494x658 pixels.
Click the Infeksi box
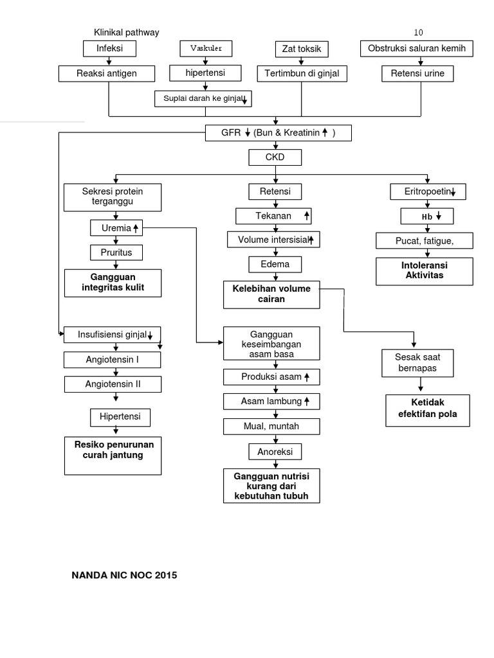click(109, 48)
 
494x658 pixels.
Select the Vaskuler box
click(205, 48)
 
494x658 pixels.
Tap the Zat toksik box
click(302, 49)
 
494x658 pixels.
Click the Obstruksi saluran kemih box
click(421, 48)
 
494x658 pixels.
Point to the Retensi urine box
click(421, 74)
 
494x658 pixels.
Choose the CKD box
click(275, 157)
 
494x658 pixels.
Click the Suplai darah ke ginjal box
click(203, 98)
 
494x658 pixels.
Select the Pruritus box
click(116, 253)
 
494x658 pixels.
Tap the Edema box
click(275, 264)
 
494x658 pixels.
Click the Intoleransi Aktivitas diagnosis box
click(424, 271)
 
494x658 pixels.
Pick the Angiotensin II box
click(113, 384)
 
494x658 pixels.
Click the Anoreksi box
click(275, 452)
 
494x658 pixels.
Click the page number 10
click(418, 33)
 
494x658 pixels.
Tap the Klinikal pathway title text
click(127, 32)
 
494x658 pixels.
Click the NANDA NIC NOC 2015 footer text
click(124, 575)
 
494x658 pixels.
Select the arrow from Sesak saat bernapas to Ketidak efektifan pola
click(421, 385)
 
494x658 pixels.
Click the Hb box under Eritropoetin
click(426, 216)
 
